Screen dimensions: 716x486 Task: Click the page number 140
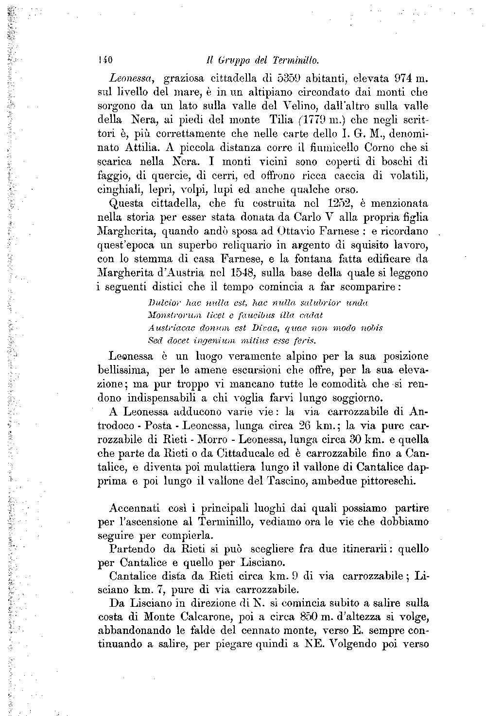point(105,61)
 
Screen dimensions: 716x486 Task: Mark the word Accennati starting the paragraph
point(134,509)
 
